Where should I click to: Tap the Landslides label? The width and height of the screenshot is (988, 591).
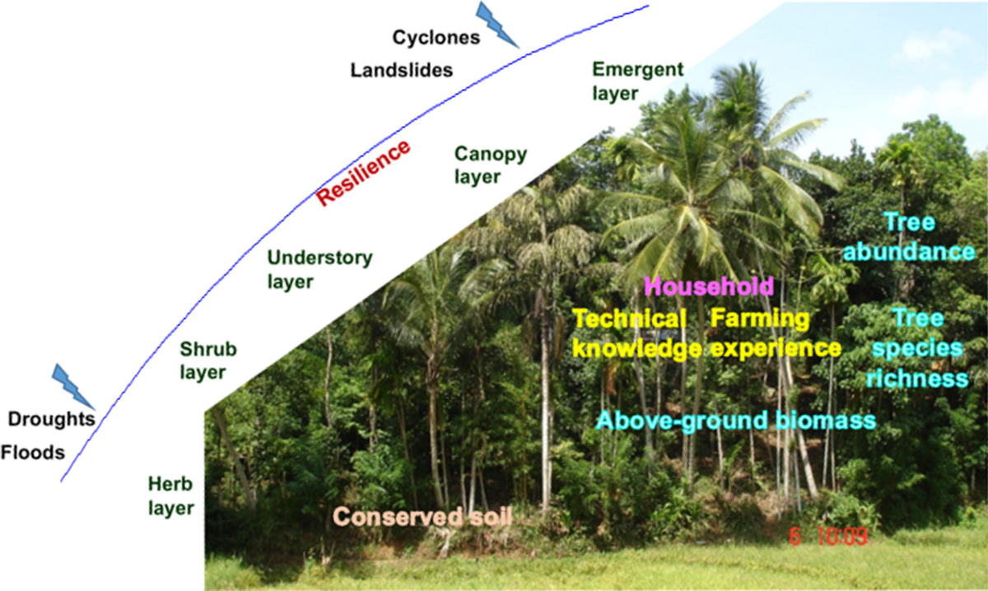coord(402,70)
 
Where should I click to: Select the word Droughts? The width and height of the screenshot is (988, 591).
coord(47,419)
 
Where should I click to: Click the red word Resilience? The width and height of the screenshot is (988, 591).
coord(363,173)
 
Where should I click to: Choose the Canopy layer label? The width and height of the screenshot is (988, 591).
coord(491,165)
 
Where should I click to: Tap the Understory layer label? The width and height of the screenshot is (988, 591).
coord(319,270)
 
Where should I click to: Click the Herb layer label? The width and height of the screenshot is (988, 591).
coord(171,495)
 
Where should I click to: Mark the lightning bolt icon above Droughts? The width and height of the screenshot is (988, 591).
coord(73,385)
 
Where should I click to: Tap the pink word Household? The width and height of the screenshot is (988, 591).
coord(709,286)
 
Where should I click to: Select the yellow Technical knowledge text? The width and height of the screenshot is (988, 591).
coord(636,333)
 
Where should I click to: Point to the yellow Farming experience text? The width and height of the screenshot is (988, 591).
coord(775,333)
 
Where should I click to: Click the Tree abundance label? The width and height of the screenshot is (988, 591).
coord(928,236)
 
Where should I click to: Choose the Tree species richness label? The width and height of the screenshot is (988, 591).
coord(918,347)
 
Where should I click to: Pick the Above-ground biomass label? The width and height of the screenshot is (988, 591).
coord(734,421)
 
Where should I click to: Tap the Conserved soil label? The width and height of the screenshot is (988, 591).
coord(423,517)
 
